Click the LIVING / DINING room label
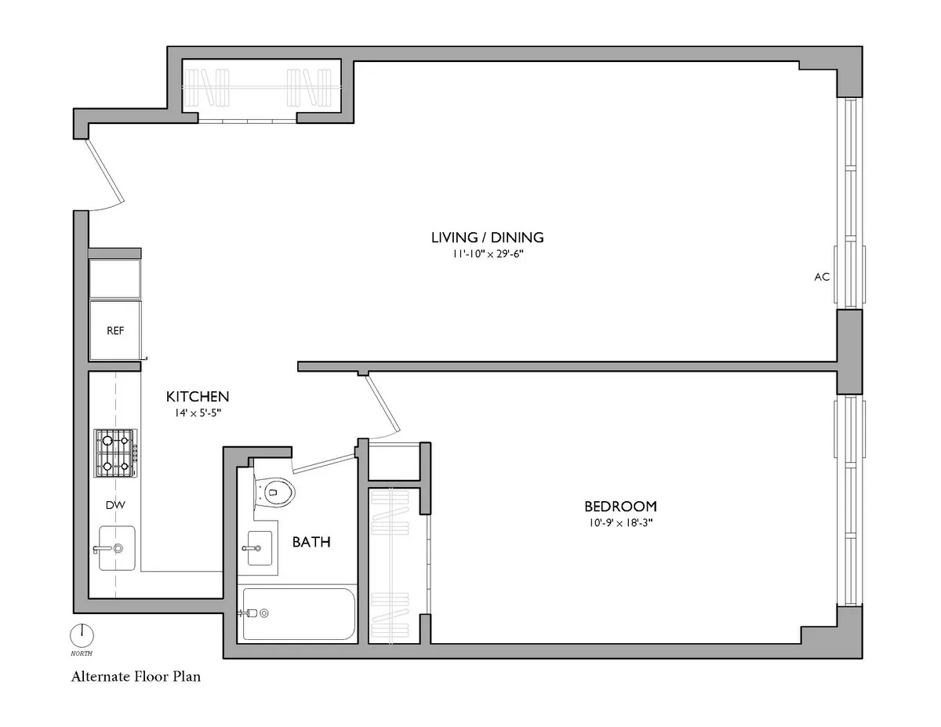(x=487, y=238)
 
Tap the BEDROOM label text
(x=619, y=507)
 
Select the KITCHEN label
(x=197, y=397)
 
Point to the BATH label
(x=311, y=542)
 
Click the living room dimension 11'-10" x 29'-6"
(x=487, y=254)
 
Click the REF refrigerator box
(x=115, y=330)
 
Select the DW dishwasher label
(x=116, y=506)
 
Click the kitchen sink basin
(x=115, y=548)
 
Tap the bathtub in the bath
(x=298, y=613)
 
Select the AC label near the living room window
(x=822, y=277)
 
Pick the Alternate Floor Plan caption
(x=136, y=676)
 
